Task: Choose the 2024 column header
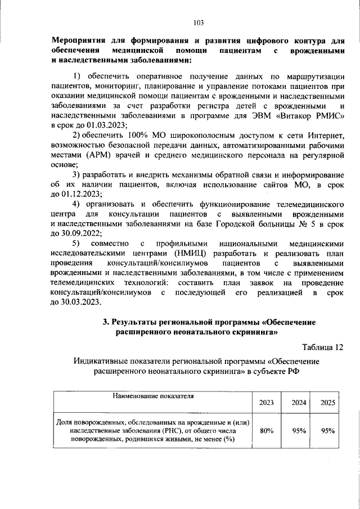click(x=299, y=402)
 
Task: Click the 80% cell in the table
click(x=267, y=430)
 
